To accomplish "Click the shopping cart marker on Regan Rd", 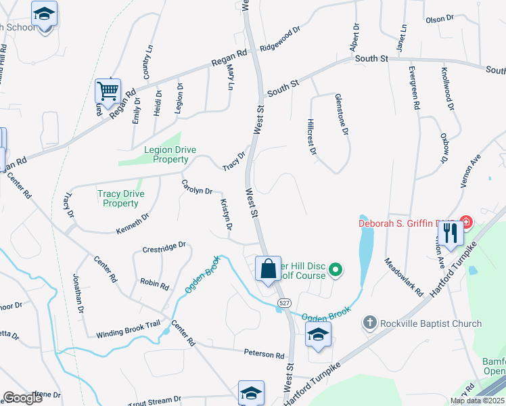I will pyautogui.click(x=108, y=90).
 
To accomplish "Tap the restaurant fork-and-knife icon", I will pyautogui.click(x=450, y=233).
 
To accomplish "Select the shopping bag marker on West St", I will pyautogui.click(x=268, y=269).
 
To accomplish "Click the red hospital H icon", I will pyautogui.click(x=465, y=222).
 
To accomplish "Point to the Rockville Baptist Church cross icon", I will pyautogui.click(x=369, y=323).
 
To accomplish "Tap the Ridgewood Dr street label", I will pyautogui.click(x=279, y=40).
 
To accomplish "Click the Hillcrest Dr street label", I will pyautogui.click(x=312, y=137).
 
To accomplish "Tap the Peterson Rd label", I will pyautogui.click(x=264, y=354).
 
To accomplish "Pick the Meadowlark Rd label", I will pyautogui.click(x=404, y=277).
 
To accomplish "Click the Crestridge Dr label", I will pyautogui.click(x=164, y=250).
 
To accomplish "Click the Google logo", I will pyautogui.click(x=23, y=398).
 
